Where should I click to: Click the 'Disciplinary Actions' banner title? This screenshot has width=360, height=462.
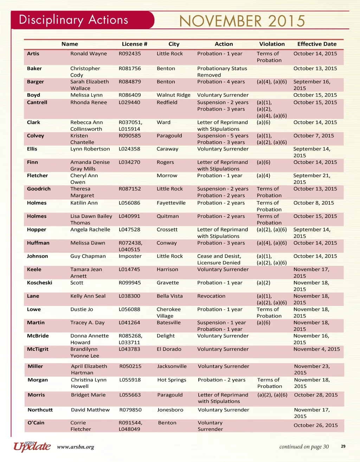click(x=73, y=20)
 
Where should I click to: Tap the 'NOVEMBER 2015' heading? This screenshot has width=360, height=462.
click(x=242, y=21)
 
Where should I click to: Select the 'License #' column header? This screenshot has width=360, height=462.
click(x=134, y=44)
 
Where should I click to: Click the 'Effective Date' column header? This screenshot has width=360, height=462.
click(x=317, y=44)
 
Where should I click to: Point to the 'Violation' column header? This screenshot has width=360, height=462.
click(x=272, y=44)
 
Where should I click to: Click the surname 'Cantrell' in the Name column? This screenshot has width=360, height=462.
click(x=37, y=102)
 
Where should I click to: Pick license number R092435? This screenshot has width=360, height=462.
click(x=130, y=53)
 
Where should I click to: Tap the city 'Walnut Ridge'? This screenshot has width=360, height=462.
click(x=173, y=95)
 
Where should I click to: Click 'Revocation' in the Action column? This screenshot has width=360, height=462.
click(x=211, y=296)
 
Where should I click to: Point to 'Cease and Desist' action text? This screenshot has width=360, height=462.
click(x=219, y=256)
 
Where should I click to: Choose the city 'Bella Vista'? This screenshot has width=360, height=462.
click(x=169, y=296)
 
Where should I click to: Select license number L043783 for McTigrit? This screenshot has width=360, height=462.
click(x=129, y=349)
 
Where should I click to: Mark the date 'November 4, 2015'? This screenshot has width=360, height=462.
click(x=316, y=349)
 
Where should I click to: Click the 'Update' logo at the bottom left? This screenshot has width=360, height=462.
click(x=32, y=446)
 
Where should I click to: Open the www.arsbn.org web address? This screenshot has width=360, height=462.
click(x=76, y=447)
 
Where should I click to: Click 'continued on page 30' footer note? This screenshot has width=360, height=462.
click(x=304, y=447)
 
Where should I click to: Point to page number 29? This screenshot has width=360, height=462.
click(x=343, y=447)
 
